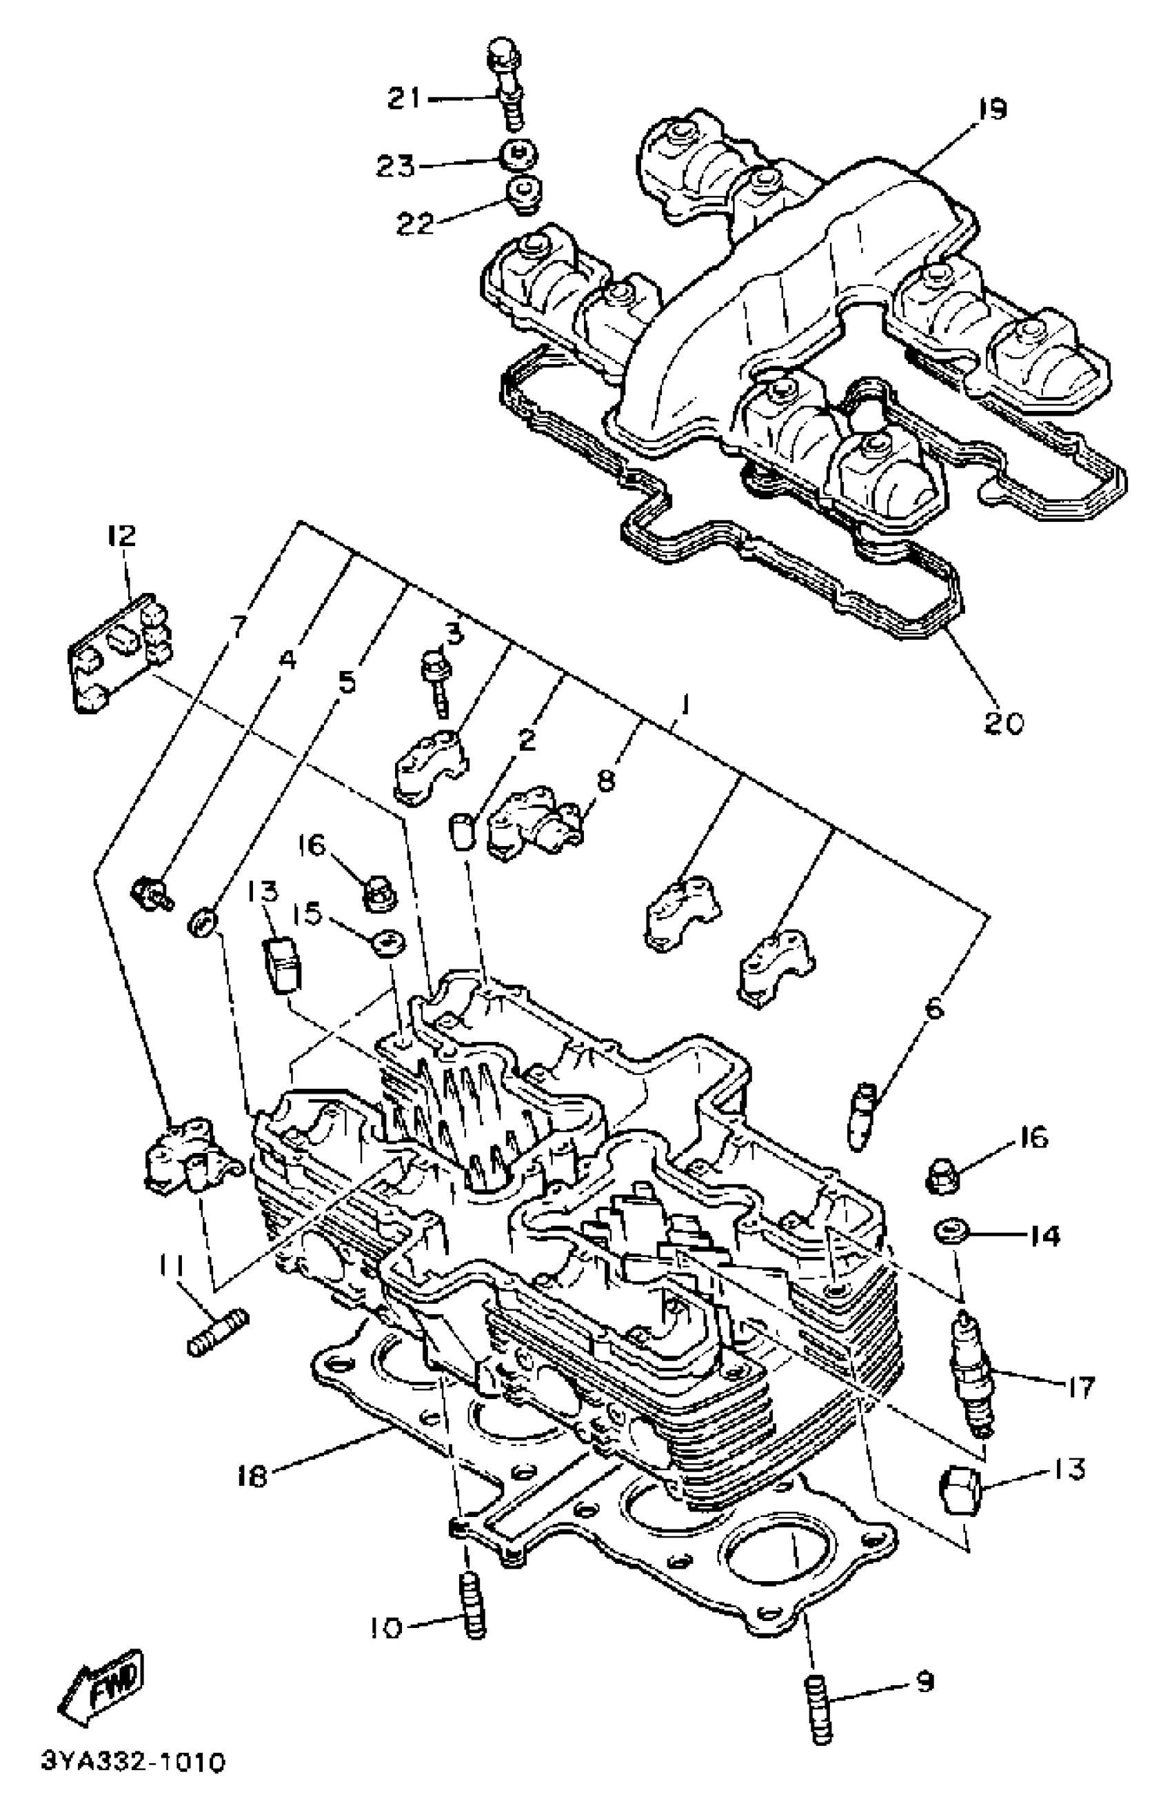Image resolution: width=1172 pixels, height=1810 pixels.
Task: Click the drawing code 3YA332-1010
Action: click(x=133, y=1783)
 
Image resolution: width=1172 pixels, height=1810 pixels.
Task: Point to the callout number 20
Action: click(x=1003, y=723)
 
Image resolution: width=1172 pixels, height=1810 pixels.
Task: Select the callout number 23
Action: click(x=396, y=165)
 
